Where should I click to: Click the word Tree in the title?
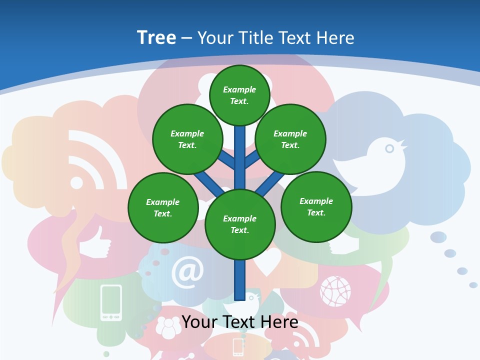[156, 38]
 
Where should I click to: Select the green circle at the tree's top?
[239, 95]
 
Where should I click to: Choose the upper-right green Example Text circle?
[290, 139]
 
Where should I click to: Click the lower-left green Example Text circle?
[163, 207]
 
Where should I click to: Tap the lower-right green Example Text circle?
[316, 206]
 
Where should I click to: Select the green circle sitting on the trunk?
[240, 224]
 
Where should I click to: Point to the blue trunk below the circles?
[240, 280]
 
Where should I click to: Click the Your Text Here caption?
[240, 322]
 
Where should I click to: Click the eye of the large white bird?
[389, 148]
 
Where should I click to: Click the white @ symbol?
[187, 272]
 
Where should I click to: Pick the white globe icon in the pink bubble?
[335, 291]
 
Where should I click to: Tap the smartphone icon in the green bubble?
[111, 302]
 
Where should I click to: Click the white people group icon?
[168, 327]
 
